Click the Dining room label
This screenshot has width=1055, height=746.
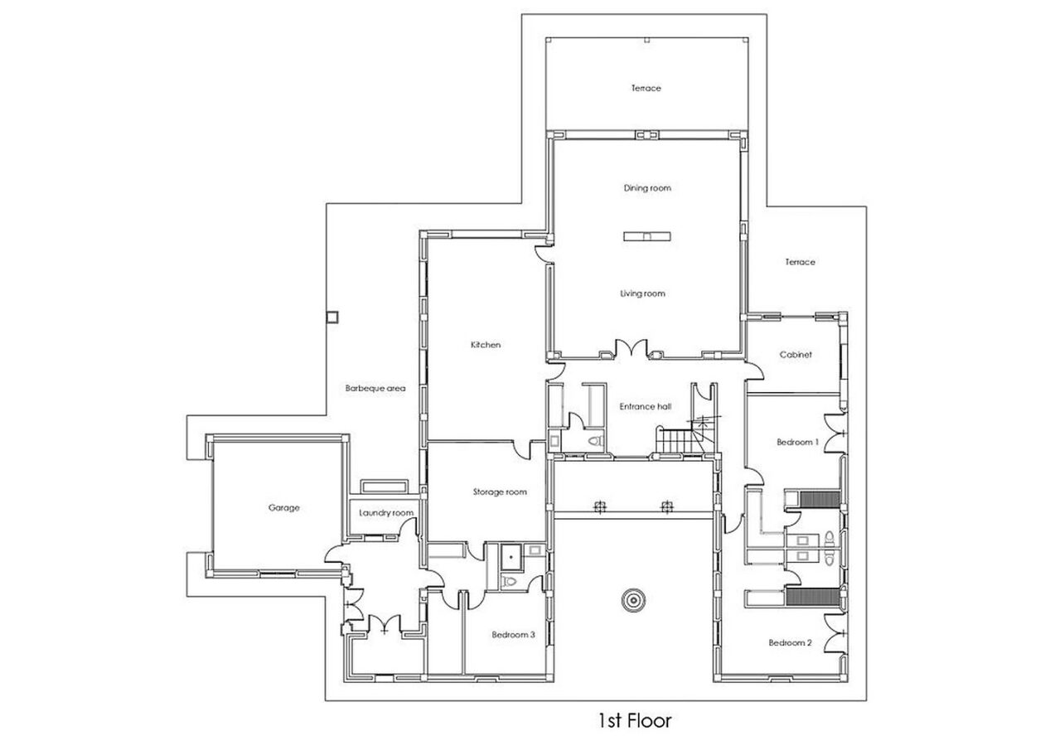tap(647, 188)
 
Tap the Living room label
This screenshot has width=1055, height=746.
tap(642, 293)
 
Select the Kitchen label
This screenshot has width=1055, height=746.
tap(486, 345)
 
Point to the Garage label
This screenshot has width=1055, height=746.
tap(283, 507)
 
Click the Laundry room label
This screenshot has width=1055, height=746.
tap(386, 513)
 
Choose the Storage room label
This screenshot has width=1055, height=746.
tap(500, 492)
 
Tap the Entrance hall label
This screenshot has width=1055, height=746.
tap(646, 406)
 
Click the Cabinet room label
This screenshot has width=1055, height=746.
tap(796, 355)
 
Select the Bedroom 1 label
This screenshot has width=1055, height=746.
tap(798, 442)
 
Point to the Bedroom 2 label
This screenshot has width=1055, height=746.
tap(791, 642)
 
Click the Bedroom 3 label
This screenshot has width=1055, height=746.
tap(513, 634)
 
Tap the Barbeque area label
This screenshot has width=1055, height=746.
tap(375, 389)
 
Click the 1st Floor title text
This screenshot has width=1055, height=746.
tap(635, 721)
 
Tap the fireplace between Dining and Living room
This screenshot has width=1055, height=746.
tap(647, 236)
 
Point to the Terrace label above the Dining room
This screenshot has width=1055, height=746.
tap(646, 88)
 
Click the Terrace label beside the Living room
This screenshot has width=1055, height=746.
tap(800, 262)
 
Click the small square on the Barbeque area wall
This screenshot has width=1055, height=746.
tap(333, 317)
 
